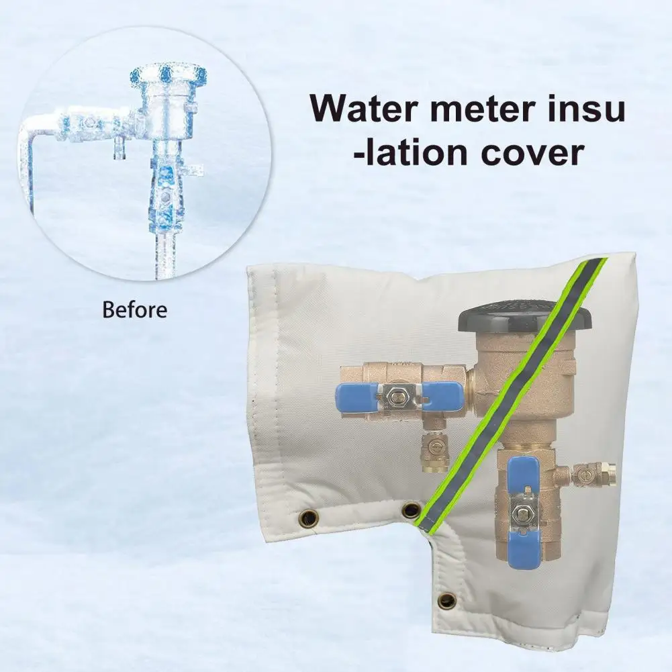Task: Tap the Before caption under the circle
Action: point(134,310)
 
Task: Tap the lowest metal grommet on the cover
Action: point(445,598)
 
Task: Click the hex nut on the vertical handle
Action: point(521,515)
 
